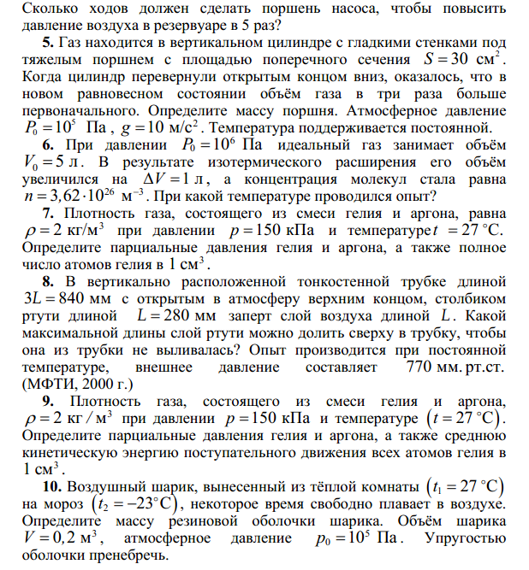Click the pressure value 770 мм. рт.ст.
[455, 367]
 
